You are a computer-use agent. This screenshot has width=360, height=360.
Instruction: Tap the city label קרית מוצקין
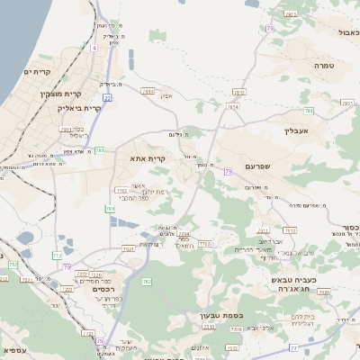[x=60, y=92]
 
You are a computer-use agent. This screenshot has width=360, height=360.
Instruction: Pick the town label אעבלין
[x=295, y=130]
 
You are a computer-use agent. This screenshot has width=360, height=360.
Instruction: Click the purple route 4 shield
[x=94, y=46]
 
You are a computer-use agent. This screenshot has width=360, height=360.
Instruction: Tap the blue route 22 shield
[x=107, y=97]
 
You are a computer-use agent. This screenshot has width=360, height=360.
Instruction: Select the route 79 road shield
[x=229, y=170]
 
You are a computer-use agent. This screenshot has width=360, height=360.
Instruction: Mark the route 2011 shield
[x=65, y=130]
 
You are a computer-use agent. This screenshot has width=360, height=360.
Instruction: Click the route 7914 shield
[x=148, y=91]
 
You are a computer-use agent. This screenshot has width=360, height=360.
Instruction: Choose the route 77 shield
[x=294, y=346]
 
